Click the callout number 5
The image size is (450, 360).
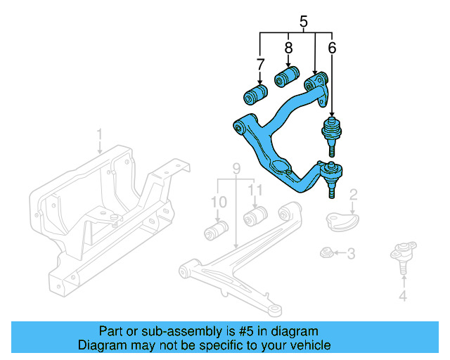pos(304,22)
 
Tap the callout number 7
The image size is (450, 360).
pos(261,65)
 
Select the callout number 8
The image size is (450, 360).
pos(288,49)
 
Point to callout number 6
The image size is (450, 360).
pos(332,49)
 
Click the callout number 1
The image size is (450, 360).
pos(100,134)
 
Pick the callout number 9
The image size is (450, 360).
pos(237,169)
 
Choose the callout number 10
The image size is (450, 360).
pos(219,202)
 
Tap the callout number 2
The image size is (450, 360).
pos(354,194)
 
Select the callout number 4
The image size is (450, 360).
pos(403,296)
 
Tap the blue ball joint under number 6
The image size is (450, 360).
pos(330,134)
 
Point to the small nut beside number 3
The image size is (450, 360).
pos(326,252)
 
